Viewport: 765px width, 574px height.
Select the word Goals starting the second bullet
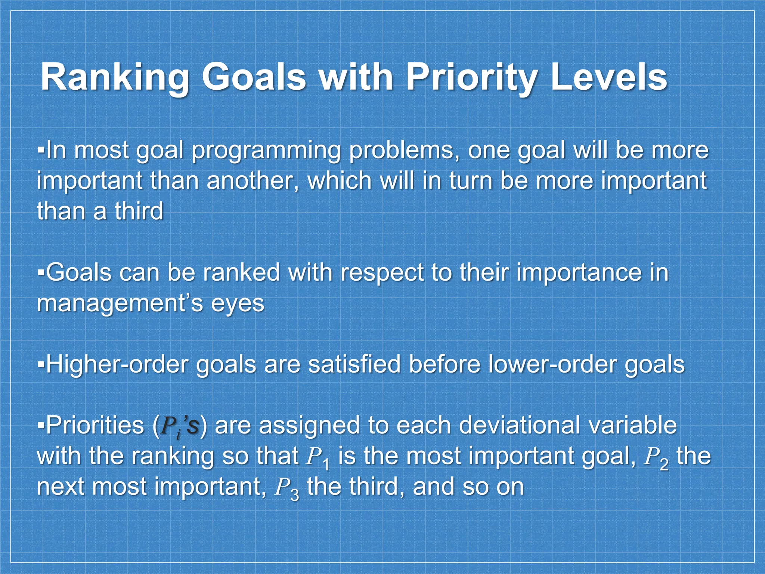click(78, 272)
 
